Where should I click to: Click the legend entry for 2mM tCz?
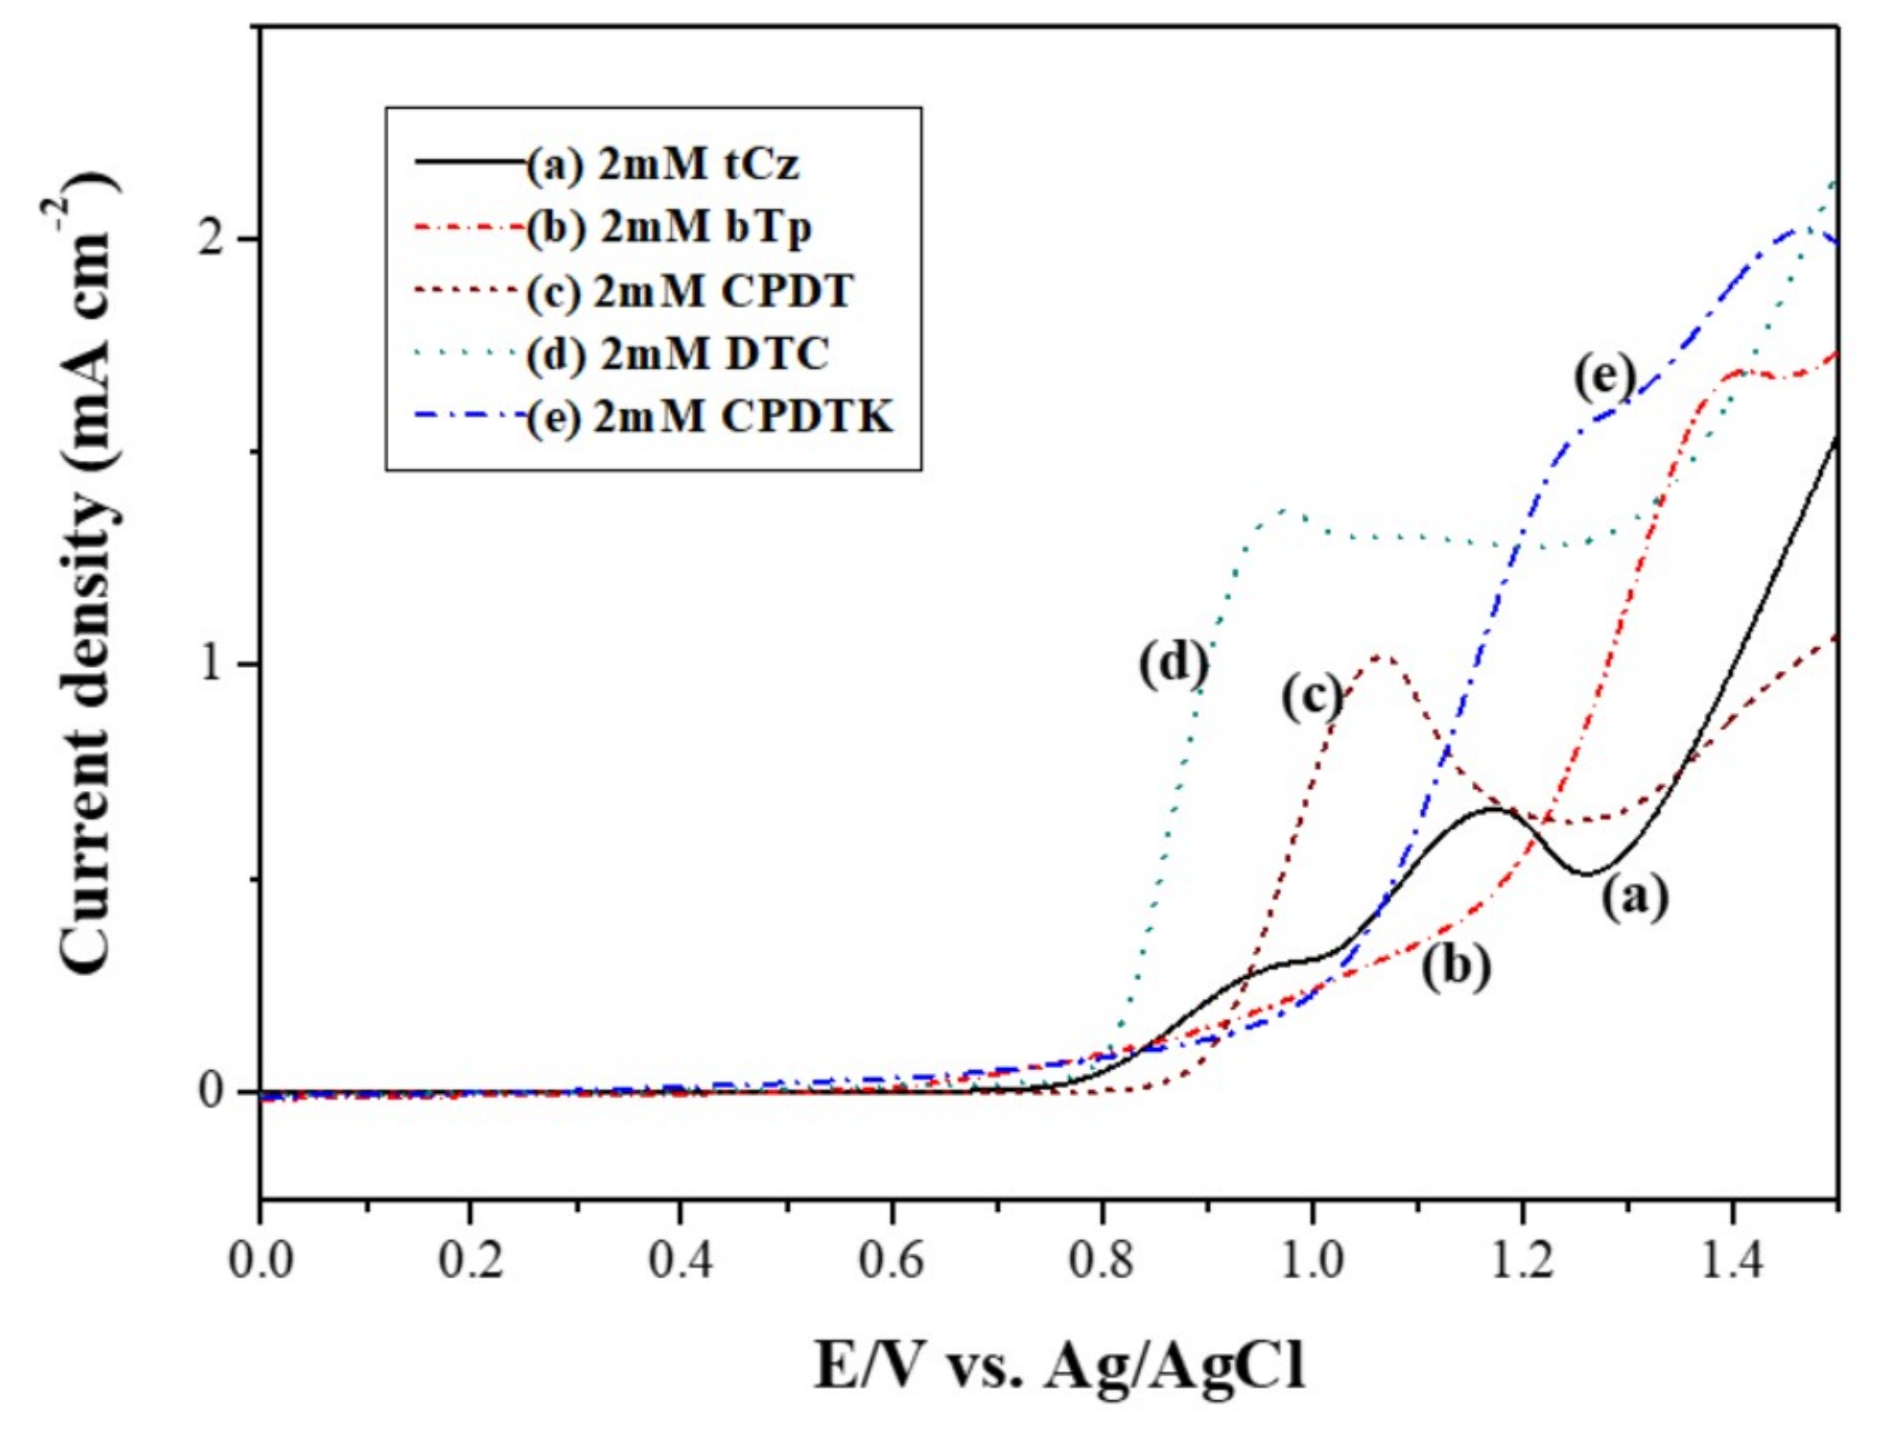[662, 165]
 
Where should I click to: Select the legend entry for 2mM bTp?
[669, 227]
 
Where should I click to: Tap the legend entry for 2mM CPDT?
[689, 291]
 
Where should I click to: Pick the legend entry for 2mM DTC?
[677, 354]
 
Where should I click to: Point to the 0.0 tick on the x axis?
[261, 1259]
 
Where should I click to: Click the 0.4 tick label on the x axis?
[680, 1259]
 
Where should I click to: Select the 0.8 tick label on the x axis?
[1102, 1259]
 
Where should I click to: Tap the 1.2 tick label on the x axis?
[1522, 1259]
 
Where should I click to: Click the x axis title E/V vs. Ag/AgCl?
[1059, 1366]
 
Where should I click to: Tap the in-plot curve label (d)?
[1173, 663]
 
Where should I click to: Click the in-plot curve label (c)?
[1312, 696]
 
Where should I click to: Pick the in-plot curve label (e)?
[1603, 376]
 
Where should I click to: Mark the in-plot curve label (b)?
[1456, 966]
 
